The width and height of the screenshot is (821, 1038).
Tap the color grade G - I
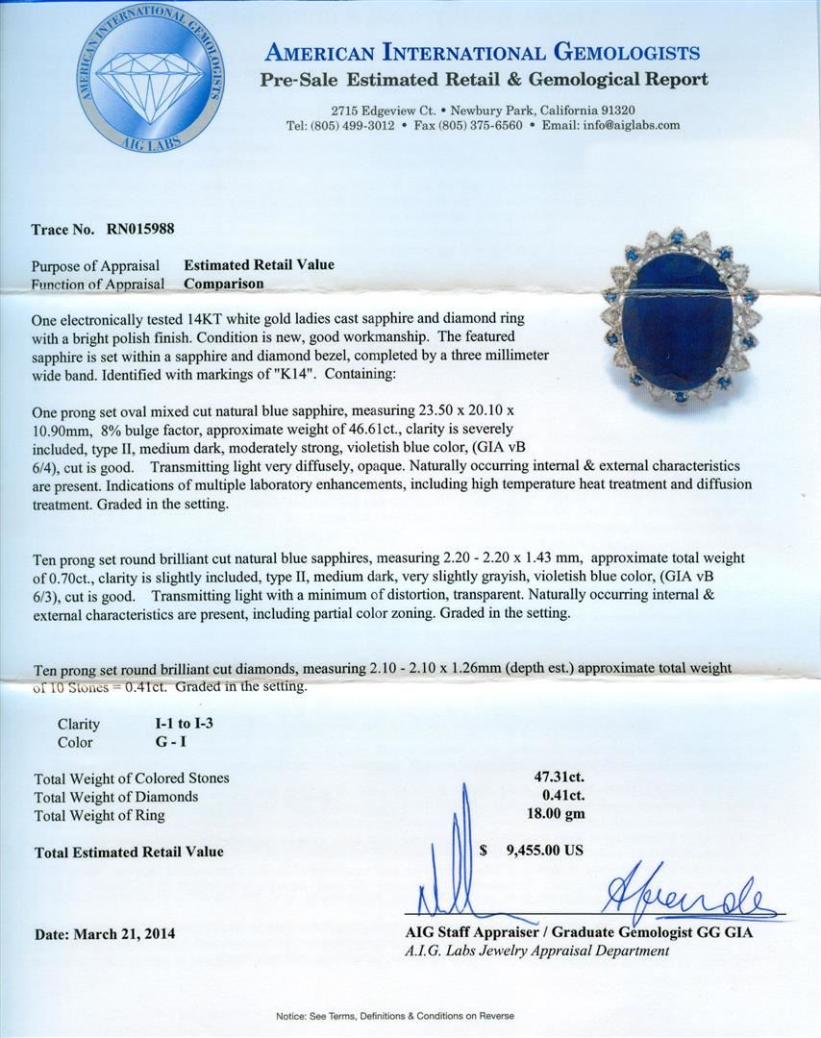click(x=160, y=742)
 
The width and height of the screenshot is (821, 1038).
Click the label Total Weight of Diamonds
click(x=115, y=797)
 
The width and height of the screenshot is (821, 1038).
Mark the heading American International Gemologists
click(x=482, y=52)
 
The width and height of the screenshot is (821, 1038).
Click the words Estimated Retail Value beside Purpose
click(x=259, y=265)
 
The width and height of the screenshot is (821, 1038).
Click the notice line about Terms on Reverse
click(x=394, y=1016)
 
